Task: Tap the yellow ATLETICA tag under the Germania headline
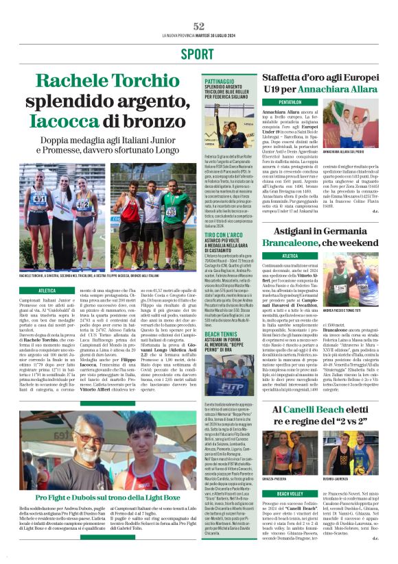click(279, 256)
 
